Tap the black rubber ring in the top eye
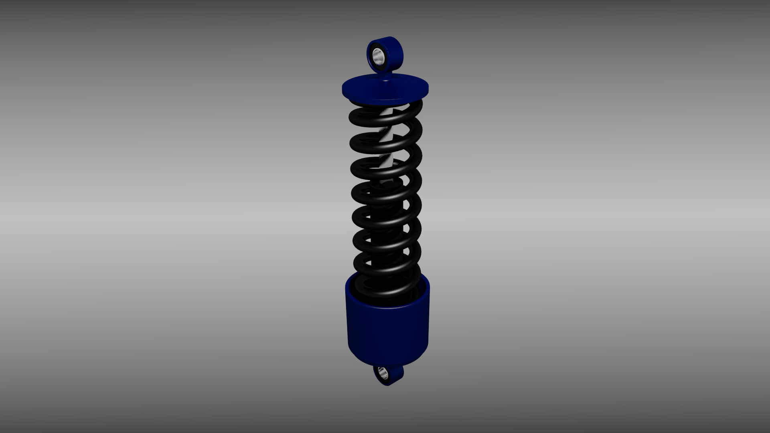click(373, 60)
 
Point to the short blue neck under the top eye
click(386, 76)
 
